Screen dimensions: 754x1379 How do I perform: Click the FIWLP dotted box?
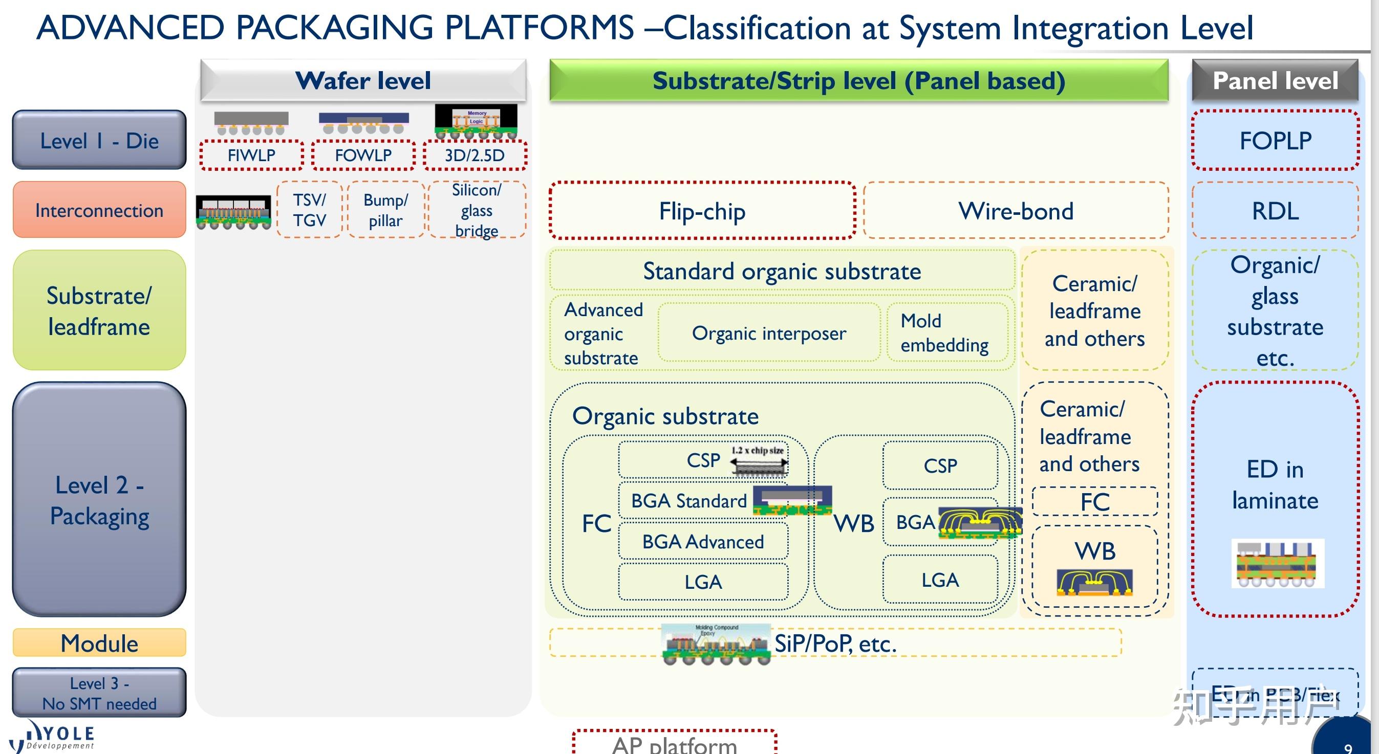251,155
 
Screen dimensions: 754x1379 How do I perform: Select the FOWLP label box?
363,155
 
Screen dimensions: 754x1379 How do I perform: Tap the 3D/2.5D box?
475,155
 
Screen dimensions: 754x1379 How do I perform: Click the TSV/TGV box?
309,210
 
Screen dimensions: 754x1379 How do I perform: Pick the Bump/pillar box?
385,210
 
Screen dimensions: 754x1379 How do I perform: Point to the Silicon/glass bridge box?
477,210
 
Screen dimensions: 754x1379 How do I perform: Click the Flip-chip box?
702,210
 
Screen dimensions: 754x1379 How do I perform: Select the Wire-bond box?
1016,210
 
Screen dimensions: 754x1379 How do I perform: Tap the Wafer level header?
363,81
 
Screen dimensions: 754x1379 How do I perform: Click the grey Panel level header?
1275,81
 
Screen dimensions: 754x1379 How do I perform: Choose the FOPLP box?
1275,140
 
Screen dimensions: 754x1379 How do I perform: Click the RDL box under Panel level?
1275,210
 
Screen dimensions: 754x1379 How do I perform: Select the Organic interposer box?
769,333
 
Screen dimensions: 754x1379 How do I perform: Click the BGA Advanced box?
703,542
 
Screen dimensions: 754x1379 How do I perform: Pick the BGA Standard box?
689,501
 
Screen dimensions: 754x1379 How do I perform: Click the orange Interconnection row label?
99,210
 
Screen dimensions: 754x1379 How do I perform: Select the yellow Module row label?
99,642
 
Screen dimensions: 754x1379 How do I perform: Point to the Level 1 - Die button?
99,140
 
